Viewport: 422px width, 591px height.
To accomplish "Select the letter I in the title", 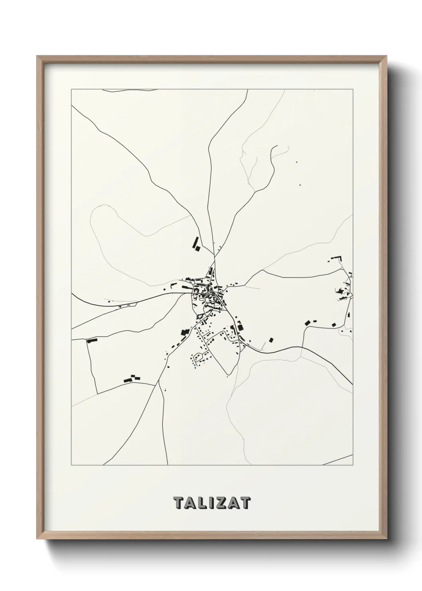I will tap(209, 503).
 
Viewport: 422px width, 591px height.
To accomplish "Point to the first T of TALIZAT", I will tap(178, 503).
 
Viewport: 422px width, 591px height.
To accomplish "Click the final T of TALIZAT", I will tap(245, 503).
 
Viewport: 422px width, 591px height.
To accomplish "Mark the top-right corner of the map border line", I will tap(353, 89).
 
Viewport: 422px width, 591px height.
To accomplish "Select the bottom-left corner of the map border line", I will tap(71, 465).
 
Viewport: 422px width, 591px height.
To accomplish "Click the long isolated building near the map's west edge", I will tap(93, 341).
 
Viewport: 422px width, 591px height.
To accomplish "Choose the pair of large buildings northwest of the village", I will tap(196, 244).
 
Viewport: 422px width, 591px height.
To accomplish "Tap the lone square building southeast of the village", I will tap(271, 340).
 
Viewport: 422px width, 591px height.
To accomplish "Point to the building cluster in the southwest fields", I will tap(132, 378).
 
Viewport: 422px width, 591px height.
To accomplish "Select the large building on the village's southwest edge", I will tap(185, 332).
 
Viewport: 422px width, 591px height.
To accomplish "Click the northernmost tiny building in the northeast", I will tap(296, 162).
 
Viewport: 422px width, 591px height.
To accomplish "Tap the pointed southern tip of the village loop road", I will tap(228, 375).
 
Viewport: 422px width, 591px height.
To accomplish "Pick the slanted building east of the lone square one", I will tap(307, 323).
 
